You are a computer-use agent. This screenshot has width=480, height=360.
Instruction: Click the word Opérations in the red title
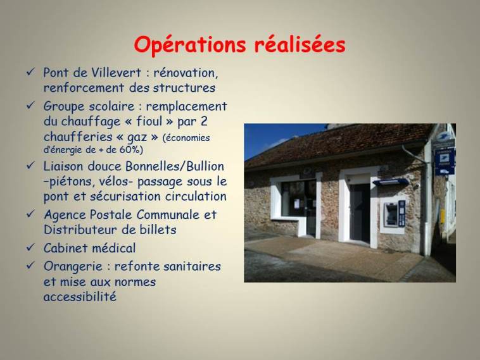[190, 46]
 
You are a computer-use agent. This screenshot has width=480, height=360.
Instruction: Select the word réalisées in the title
[300, 45]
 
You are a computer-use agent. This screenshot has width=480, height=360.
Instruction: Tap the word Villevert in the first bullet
[117, 73]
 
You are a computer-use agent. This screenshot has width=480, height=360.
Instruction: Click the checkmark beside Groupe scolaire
[30, 106]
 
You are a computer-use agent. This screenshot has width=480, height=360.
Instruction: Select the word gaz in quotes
[137, 138]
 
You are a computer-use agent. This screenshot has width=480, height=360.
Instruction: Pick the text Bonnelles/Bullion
[175, 166]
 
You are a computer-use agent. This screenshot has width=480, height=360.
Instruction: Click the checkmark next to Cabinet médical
[30, 247]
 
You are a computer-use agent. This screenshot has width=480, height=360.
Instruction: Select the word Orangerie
[73, 267]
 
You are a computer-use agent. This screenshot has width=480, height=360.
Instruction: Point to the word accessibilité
[80, 297]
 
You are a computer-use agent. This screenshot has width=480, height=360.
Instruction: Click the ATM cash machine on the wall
[395, 214]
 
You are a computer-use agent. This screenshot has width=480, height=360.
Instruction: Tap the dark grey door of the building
[360, 213]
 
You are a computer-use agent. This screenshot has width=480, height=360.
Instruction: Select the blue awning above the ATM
[391, 182]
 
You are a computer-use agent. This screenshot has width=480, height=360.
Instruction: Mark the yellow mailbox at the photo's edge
[443, 216]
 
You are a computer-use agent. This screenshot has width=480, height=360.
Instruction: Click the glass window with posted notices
[298, 199]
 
